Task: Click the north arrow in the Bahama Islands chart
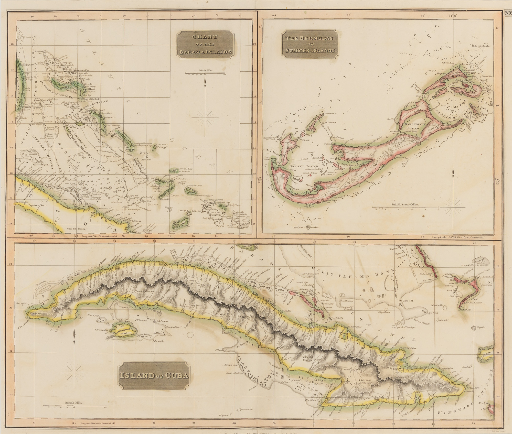point(205,107)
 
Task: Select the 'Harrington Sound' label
point(409,126)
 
